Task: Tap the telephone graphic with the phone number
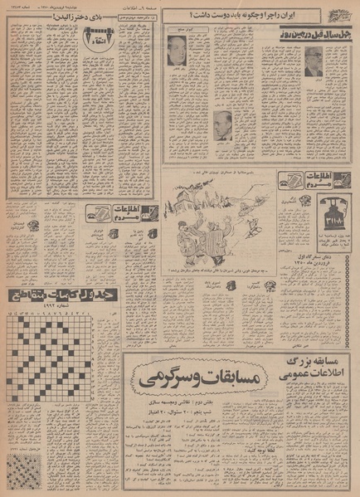point(317,220)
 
